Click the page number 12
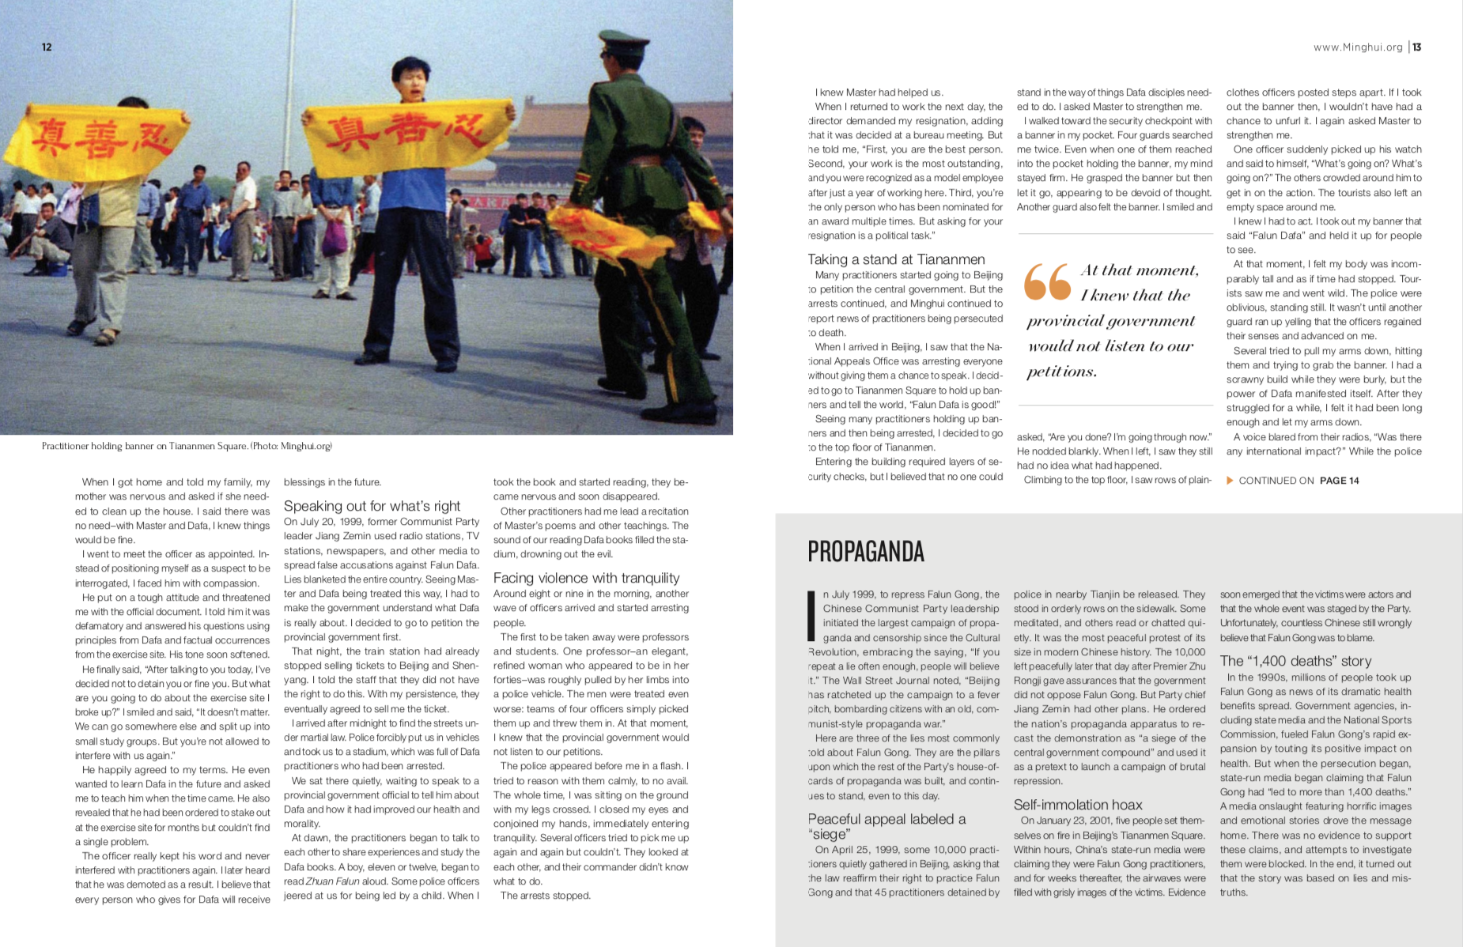(47, 47)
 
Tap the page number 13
(1417, 47)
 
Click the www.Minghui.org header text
(1357, 47)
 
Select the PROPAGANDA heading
(866, 552)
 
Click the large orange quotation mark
(1046, 282)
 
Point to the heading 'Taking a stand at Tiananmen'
(896, 259)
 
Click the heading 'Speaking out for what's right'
(372, 506)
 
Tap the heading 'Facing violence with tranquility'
(586, 578)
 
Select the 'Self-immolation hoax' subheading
(1078, 805)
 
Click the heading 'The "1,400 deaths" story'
(1295, 661)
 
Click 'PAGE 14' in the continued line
(1339, 481)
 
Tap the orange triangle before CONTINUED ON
(1230, 480)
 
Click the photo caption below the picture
(187, 446)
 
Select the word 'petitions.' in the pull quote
(1061, 372)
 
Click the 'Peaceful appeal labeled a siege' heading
(886, 826)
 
